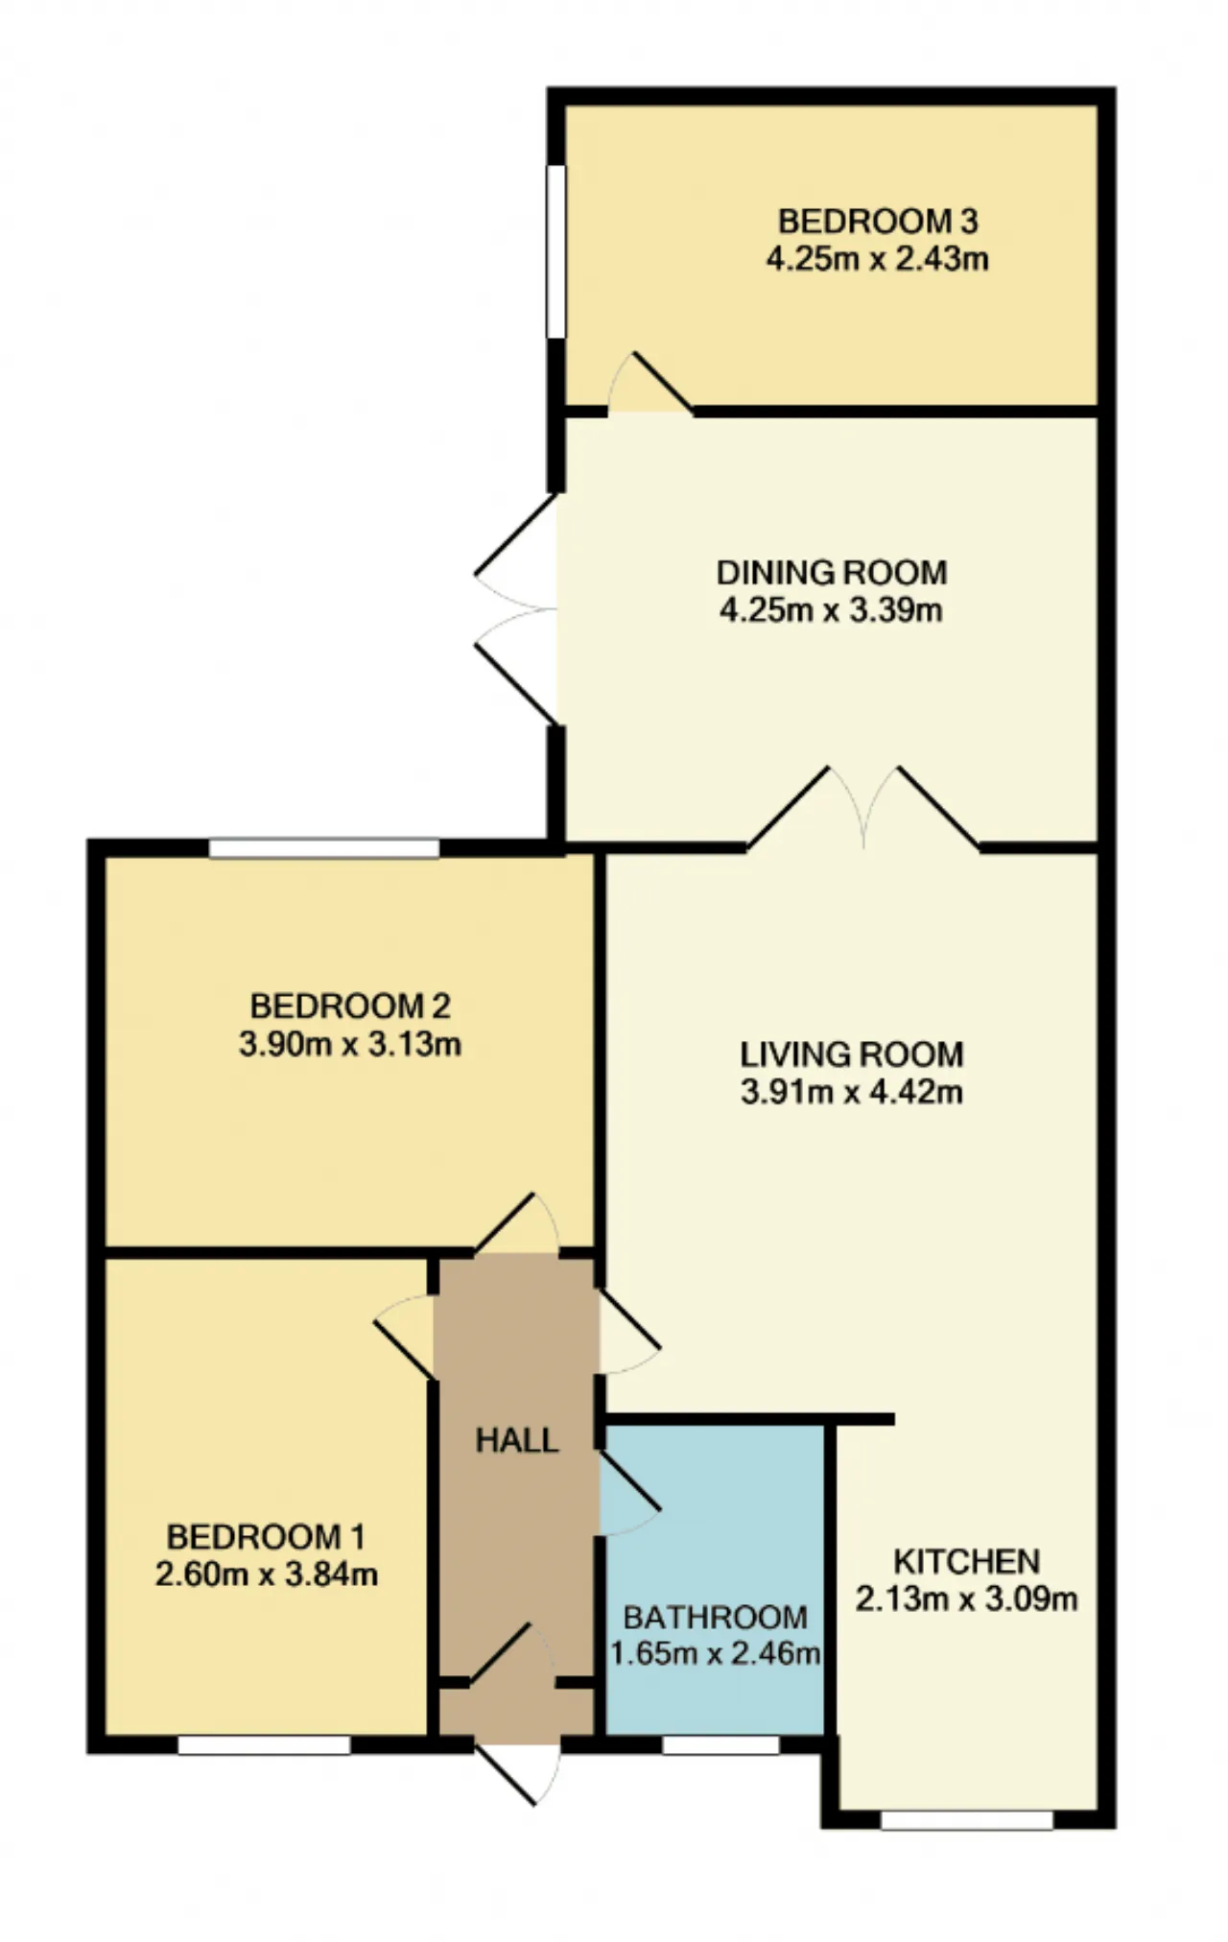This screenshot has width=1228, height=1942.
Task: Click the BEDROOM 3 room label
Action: [877, 222]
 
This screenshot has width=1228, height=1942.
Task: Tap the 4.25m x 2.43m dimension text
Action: [877, 259]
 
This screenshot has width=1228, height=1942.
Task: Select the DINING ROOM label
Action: [832, 573]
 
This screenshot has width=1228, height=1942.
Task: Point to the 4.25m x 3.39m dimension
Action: [832, 610]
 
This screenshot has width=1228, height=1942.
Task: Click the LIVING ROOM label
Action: [851, 1054]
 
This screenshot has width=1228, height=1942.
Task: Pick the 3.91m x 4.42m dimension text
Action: [851, 1092]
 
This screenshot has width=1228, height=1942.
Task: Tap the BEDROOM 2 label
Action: [350, 1006]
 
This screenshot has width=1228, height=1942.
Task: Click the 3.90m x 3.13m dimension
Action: [350, 1043]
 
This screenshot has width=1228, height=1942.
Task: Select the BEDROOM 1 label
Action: [266, 1537]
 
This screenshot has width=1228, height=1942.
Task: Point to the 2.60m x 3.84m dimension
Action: [266, 1575]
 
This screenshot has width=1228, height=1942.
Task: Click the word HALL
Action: [517, 1440]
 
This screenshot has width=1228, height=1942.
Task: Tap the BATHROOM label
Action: [716, 1617]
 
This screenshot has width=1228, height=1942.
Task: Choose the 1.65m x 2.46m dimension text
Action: [716, 1654]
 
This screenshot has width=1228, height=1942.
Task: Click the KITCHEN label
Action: [966, 1561]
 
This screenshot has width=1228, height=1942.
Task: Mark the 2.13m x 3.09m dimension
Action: [966, 1599]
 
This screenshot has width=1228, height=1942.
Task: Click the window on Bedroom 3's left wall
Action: [555, 251]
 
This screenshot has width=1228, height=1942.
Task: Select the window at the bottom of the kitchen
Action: [966, 1819]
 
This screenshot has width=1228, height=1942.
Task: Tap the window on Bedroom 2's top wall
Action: [324, 848]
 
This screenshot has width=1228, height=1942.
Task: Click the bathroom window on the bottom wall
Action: [720, 1744]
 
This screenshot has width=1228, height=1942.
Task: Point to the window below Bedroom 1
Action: [264, 1744]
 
